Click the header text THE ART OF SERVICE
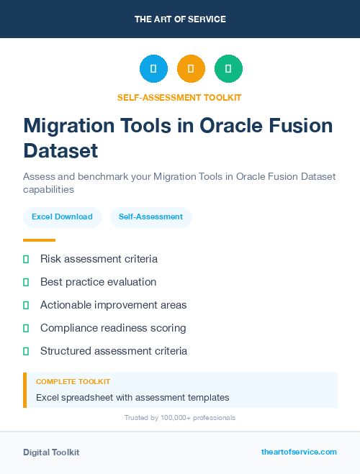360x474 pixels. pos(180,19)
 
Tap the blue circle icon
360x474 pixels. pos(153,69)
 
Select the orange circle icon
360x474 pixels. pos(191,69)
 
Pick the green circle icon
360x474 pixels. pos(228,69)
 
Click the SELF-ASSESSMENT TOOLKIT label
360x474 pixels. pos(180,97)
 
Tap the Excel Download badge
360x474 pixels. pos(62,217)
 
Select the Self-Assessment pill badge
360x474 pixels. pos(150,217)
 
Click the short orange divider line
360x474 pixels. pos(39,240)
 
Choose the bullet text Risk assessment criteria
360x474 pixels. pos(99,259)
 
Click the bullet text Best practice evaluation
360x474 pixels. pos(98,282)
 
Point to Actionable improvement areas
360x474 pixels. pos(113,305)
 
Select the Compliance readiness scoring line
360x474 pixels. pos(113,328)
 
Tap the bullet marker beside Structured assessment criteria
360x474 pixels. pos(26,351)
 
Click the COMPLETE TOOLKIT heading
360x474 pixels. pos(73,381)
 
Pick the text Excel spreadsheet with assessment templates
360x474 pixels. pos(132,397)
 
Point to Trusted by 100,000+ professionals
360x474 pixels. pos(180,417)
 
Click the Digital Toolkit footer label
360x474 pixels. pos(51,452)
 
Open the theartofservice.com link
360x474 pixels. pos(299,452)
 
